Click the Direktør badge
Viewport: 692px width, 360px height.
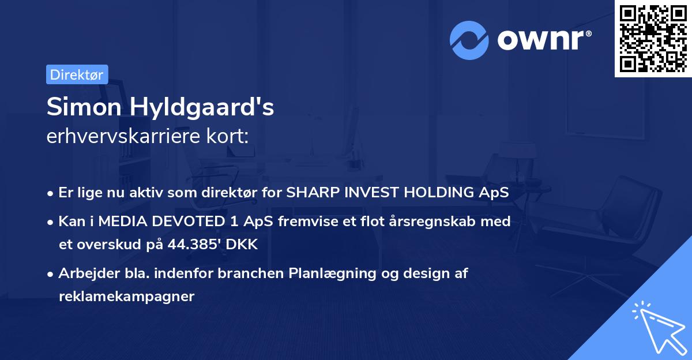click(x=77, y=74)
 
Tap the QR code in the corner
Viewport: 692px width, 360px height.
click(x=653, y=38)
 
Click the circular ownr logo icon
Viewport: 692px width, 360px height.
click(x=469, y=40)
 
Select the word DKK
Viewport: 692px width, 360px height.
click(x=242, y=244)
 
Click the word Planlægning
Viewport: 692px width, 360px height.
click(x=334, y=273)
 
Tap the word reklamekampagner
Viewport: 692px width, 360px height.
click(x=127, y=297)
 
